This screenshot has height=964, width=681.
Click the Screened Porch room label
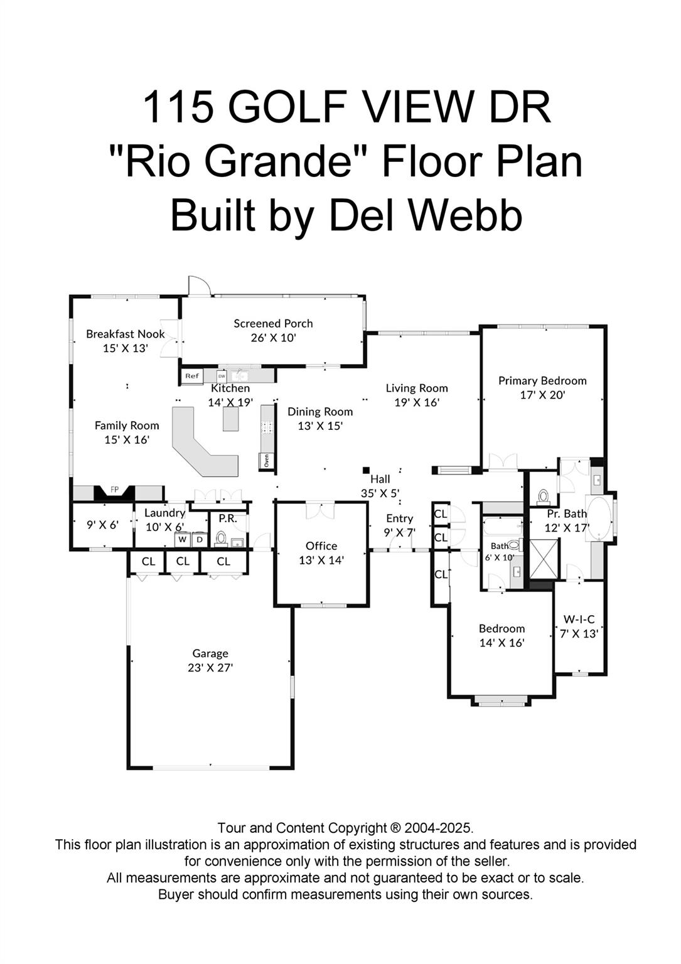click(273, 324)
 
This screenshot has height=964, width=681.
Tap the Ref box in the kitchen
click(191, 376)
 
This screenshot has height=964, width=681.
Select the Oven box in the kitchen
click(266, 461)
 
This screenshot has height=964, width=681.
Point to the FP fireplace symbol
click(115, 490)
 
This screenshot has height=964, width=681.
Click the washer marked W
click(183, 539)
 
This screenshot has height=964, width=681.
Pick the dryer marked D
click(200, 539)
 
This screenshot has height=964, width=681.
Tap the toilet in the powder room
click(221, 538)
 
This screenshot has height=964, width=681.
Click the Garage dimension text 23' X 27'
click(210, 668)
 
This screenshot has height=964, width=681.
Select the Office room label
click(321, 546)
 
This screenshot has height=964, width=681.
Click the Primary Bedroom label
click(542, 380)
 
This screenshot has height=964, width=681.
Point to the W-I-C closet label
click(579, 619)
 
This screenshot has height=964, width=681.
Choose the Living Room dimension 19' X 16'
click(417, 402)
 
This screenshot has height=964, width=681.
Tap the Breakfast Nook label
click(126, 334)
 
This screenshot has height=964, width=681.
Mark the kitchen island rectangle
click(231, 419)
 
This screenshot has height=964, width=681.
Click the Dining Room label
click(320, 412)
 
